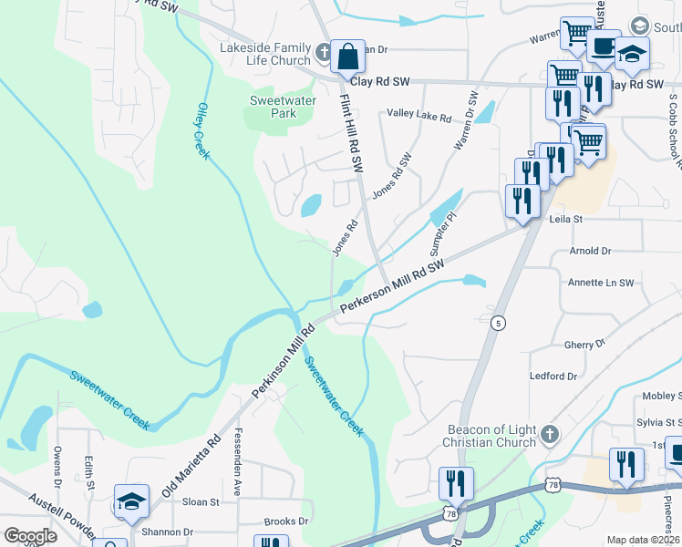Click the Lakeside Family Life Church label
pyautogui.click(x=264, y=55)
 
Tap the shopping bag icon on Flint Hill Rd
pyautogui.click(x=347, y=58)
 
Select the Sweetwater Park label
pyautogui.click(x=274, y=108)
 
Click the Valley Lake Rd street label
pyautogui.click(x=419, y=118)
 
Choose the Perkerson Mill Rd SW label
pyautogui.click(x=392, y=287)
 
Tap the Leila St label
pyautogui.click(x=565, y=220)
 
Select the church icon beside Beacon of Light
pyautogui.click(x=548, y=435)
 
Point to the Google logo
pyautogui.click(x=30, y=536)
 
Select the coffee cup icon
pyautogui.click(x=603, y=47)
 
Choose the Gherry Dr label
pyautogui.click(x=584, y=345)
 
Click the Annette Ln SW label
pyautogui.click(x=601, y=283)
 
